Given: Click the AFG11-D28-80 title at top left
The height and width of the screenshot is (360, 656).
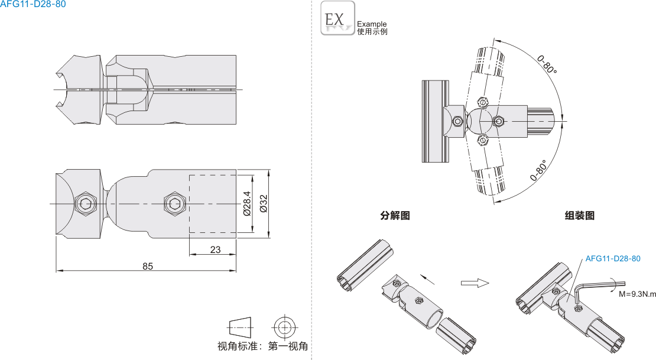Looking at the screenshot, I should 33,4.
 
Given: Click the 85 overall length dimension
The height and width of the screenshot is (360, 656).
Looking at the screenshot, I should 148,266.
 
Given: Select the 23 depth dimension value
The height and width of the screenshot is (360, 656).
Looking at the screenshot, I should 215,250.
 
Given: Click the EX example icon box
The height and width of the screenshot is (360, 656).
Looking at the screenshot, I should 337,18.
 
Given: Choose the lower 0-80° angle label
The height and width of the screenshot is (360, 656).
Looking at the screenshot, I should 538,170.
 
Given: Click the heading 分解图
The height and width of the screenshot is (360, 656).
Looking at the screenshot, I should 395,216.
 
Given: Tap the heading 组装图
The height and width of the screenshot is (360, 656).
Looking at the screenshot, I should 579,216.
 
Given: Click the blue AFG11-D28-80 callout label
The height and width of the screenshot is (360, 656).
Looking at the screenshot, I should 612,259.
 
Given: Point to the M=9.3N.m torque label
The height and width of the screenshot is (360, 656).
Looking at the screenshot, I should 637,294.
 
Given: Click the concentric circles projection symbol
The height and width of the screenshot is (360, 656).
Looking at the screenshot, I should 284,326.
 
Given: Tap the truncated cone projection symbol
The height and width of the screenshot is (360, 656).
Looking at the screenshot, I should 239,326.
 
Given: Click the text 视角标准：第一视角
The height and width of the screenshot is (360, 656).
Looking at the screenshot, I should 263,346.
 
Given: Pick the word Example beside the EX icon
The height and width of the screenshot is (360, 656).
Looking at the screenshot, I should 372,24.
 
